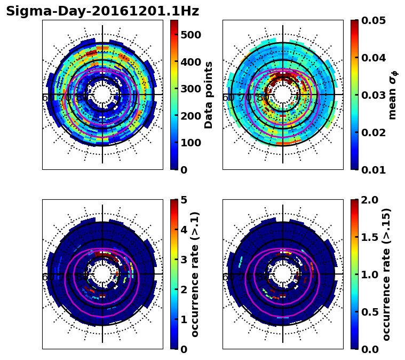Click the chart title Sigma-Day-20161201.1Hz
click(102, 11)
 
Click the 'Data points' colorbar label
click(209, 95)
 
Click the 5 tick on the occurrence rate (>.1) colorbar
click(183, 200)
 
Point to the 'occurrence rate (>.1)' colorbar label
click(195, 274)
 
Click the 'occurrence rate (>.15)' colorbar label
click(386, 274)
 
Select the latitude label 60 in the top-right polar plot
click(228, 98)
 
